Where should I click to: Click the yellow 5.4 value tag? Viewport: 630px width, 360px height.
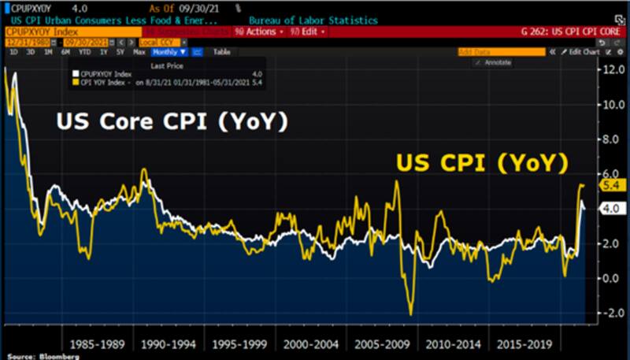click(612, 185)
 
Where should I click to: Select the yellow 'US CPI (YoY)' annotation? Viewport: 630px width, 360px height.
click(482, 163)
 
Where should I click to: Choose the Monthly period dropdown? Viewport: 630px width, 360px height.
click(168, 51)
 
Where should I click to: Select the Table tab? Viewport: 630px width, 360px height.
click(222, 51)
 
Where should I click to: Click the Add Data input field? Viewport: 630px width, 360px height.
click(501, 51)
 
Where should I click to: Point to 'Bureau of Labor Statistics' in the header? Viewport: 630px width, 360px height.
click(313, 20)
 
